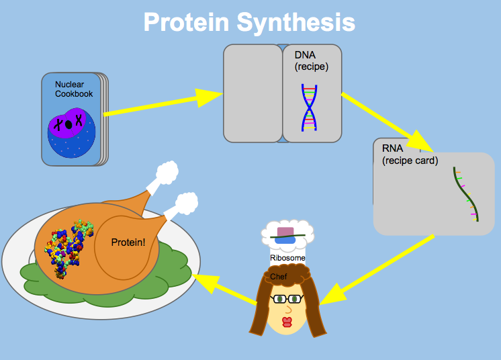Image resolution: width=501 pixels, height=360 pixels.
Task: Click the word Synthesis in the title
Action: (x=296, y=23)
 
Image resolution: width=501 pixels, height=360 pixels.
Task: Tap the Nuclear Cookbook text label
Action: (x=74, y=89)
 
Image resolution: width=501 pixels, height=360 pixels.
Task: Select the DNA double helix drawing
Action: (x=310, y=107)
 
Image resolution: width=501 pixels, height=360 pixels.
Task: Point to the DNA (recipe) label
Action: (x=312, y=60)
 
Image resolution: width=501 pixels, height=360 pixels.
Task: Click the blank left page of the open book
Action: (x=253, y=93)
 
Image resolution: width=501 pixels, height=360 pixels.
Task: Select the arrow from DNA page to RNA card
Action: (x=388, y=122)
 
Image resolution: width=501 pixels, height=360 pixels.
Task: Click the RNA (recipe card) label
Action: (x=410, y=154)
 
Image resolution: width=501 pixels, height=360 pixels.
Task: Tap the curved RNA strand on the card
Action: (x=466, y=194)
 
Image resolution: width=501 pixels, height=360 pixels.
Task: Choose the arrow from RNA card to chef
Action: (x=377, y=270)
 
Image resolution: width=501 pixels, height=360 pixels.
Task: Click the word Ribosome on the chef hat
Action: (x=287, y=258)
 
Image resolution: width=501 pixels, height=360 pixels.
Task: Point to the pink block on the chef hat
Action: (x=285, y=232)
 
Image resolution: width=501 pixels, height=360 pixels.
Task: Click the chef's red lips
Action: (x=287, y=322)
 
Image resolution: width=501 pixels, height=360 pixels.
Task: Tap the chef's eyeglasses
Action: (x=286, y=299)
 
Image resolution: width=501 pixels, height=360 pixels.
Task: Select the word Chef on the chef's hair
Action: (x=279, y=277)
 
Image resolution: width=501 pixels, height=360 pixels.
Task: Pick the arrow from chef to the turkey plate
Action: (x=224, y=288)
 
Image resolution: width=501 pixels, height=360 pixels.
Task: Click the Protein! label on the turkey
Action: (x=128, y=242)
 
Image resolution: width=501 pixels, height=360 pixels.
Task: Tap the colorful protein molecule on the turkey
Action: (x=68, y=249)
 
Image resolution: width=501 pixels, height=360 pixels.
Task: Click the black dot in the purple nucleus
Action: (x=69, y=124)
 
